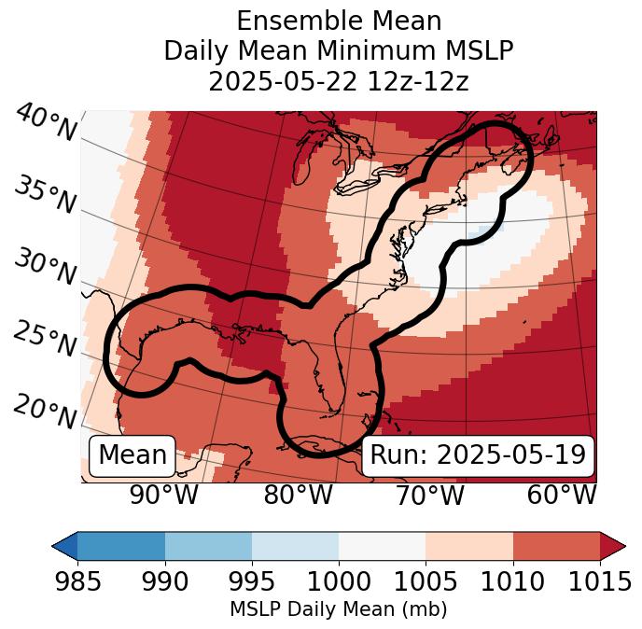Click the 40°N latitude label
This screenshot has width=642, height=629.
(45, 123)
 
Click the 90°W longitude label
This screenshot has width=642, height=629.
(164, 495)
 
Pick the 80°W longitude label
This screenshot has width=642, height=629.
(298, 495)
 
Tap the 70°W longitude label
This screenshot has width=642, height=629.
(429, 495)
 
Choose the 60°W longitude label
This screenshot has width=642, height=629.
(562, 495)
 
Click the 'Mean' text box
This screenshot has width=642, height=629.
(133, 455)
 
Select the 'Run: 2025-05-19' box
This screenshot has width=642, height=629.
(478, 455)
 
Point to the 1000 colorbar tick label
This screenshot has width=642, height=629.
(339, 581)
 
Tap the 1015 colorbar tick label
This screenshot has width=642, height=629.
(599, 581)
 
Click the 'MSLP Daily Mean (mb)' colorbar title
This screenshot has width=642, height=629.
(339, 610)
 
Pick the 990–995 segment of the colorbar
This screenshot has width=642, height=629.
(208, 545)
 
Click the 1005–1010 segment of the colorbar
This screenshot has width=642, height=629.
(469, 545)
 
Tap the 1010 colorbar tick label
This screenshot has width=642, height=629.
(512, 581)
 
